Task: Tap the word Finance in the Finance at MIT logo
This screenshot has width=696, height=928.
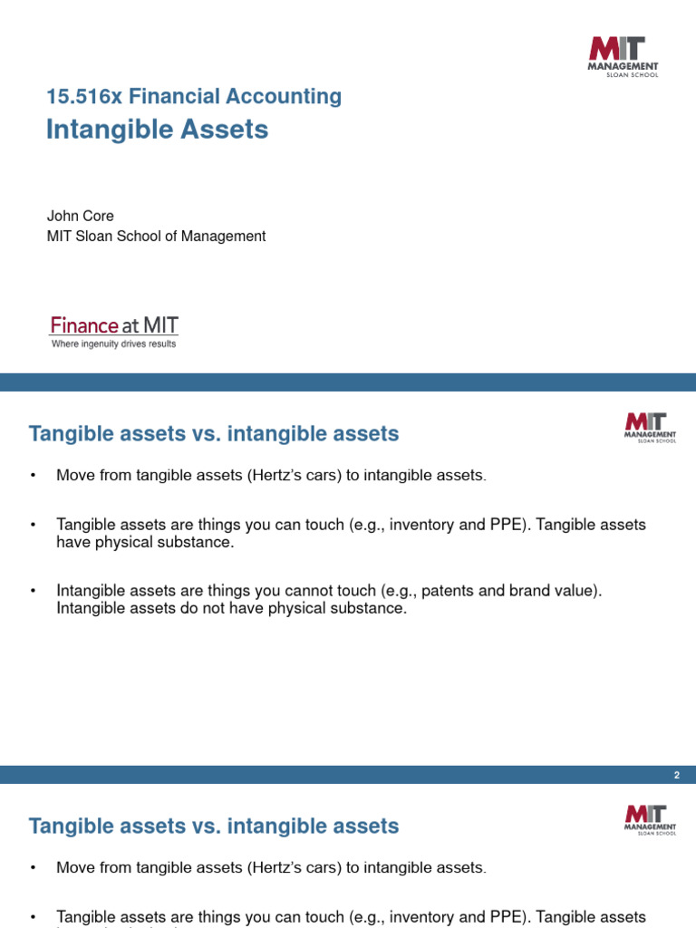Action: [x=84, y=325]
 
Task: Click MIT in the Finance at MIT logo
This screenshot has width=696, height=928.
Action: [x=160, y=325]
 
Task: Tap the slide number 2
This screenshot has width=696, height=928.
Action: [x=676, y=775]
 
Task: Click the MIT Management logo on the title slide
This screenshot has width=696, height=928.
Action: [x=623, y=56]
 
